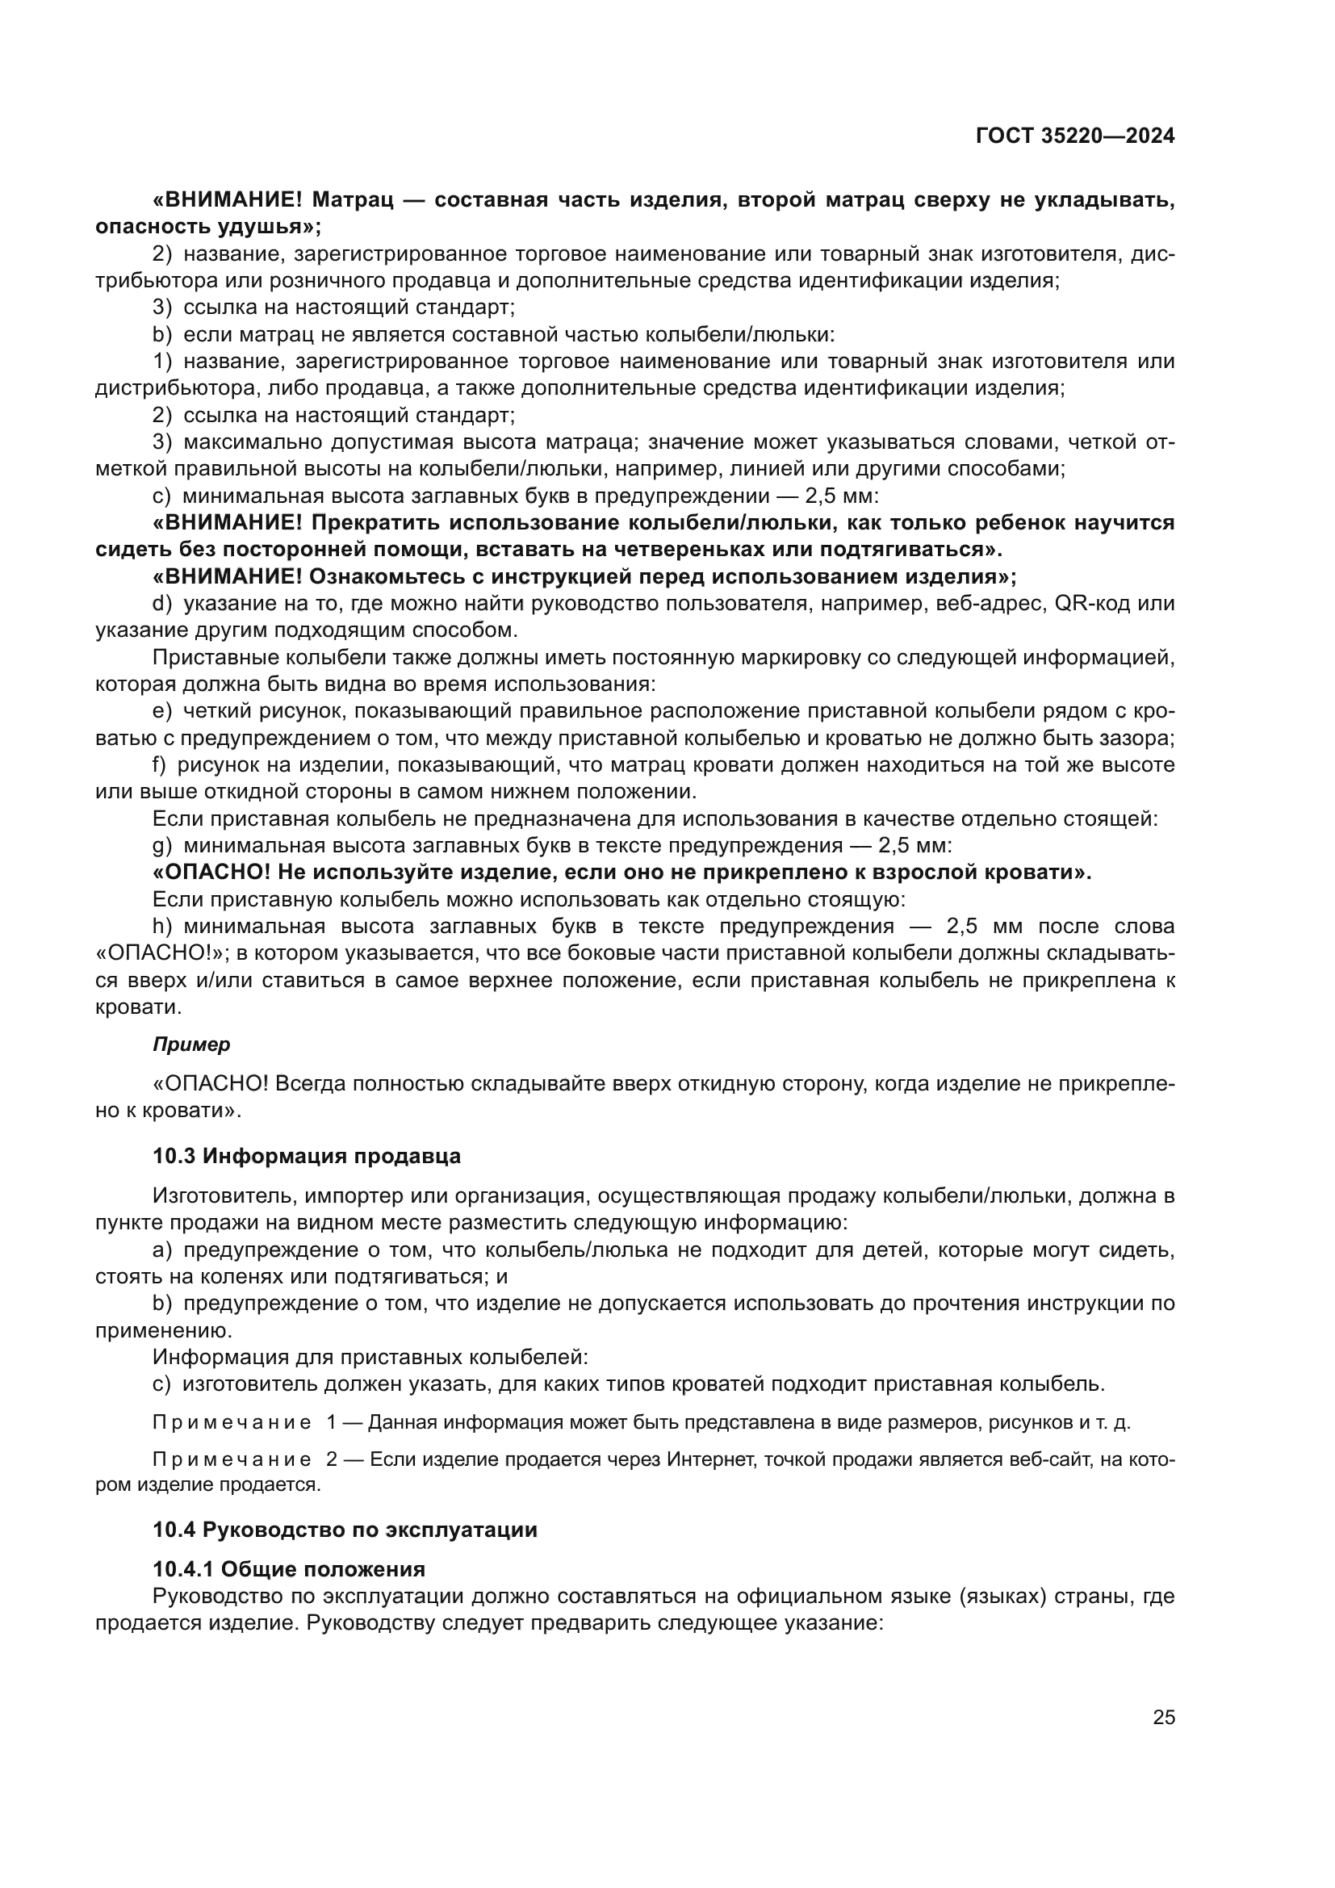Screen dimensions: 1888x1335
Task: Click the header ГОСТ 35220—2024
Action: (x=1074, y=136)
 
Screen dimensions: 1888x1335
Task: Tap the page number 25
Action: (x=1163, y=1718)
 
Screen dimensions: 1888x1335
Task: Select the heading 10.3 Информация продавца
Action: (x=307, y=1156)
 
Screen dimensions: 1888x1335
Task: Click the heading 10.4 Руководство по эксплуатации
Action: (x=345, y=1530)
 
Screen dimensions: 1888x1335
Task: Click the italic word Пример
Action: (x=191, y=1045)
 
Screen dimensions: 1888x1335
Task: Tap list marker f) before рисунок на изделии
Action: (x=160, y=764)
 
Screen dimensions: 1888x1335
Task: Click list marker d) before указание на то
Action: (x=162, y=604)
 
